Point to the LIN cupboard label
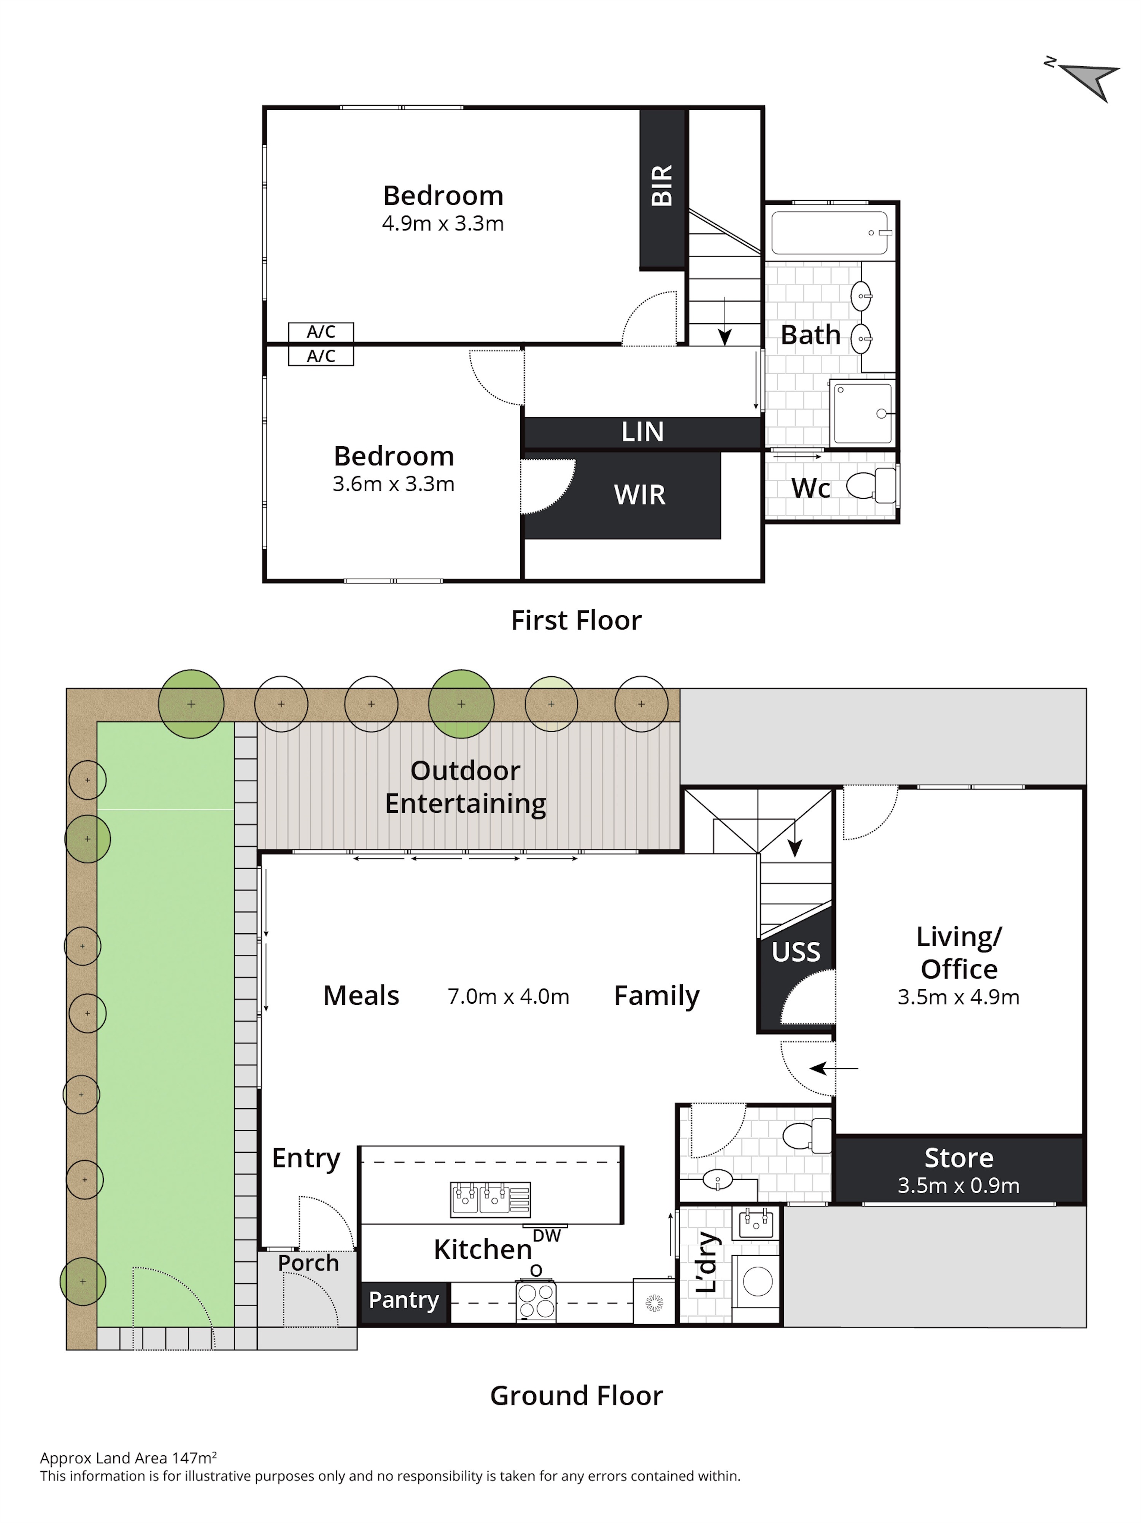point(642,432)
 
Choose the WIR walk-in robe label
point(640,494)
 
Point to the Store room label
point(958,1157)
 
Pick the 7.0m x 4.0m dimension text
point(508,996)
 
